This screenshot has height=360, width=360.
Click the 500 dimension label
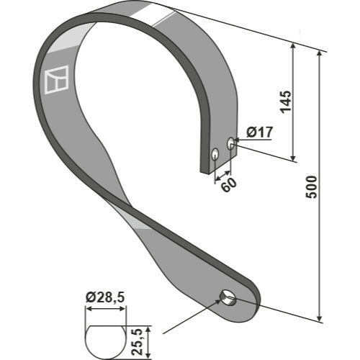(312, 187)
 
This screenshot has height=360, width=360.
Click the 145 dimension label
(286, 102)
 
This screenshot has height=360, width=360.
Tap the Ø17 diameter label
(260, 132)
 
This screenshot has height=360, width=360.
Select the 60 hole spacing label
(229, 184)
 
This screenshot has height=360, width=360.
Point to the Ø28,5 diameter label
(105, 298)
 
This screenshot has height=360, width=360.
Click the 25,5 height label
(138, 343)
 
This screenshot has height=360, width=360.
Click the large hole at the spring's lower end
(228, 297)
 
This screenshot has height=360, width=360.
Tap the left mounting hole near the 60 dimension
(215, 154)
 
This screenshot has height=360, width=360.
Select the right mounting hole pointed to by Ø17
(230, 143)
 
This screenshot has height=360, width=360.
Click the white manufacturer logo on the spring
(57, 80)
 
